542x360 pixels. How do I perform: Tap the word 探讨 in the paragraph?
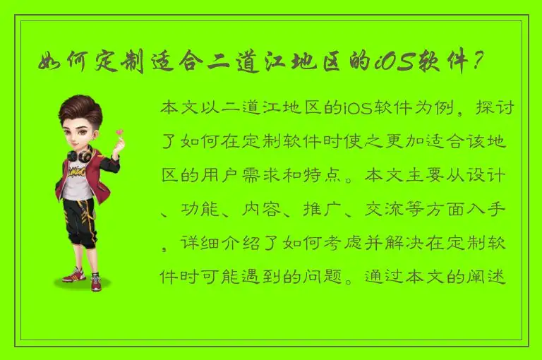pos(498,109)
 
